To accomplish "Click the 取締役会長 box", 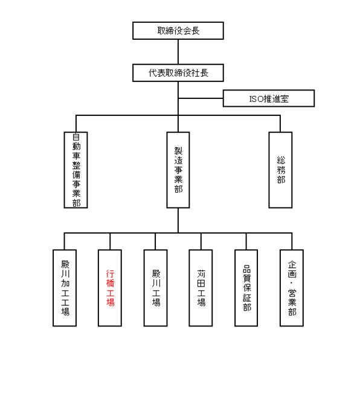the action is [x=178, y=31].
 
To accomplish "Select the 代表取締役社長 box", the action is [x=178, y=73].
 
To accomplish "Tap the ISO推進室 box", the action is [x=269, y=98].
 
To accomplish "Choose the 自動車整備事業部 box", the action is [x=76, y=170].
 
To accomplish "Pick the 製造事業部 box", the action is [x=178, y=170].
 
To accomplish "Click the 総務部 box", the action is [x=280, y=170].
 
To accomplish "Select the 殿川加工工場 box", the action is [x=65, y=288].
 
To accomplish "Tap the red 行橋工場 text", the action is [x=111, y=288].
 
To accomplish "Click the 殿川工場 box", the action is [x=155, y=288].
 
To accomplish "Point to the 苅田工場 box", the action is [x=201, y=288].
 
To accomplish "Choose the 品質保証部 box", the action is [x=246, y=288].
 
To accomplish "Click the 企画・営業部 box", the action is [x=292, y=288].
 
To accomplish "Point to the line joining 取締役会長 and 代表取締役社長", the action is [x=178, y=52].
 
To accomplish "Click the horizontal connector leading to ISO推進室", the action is [x=201, y=98].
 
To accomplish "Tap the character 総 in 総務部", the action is [x=281, y=160].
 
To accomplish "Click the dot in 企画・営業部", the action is [x=292, y=283].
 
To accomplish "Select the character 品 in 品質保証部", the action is [x=247, y=269].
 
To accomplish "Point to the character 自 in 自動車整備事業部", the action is [x=76, y=137].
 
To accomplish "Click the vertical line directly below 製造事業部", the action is [x=178, y=220].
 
